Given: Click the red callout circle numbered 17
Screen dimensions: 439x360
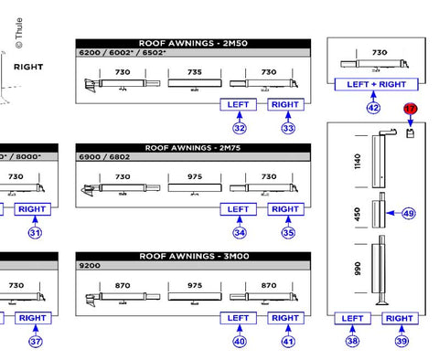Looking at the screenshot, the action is click(x=411, y=109).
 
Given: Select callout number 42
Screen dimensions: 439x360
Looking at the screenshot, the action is click(x=373, y=108).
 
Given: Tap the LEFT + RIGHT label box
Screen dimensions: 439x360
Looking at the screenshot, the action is click(x=376, y=84).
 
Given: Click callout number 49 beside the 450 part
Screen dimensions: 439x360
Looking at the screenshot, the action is click(x=409, y=213).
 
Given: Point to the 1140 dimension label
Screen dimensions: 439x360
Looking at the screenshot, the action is click(x=358, y=161).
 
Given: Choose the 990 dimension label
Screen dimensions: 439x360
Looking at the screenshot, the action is click(x=358, y=269).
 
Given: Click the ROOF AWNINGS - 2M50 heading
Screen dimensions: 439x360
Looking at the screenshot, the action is click(x=193, y=43).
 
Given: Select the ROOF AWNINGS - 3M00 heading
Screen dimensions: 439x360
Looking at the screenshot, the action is click(x=194, y=256).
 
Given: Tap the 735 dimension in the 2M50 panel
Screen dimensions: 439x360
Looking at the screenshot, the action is click(x=195, y=72).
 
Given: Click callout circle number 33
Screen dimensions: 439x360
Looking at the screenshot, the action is click(x=288, y=128).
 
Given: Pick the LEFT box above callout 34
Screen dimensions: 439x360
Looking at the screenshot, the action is click(x=238, y=209).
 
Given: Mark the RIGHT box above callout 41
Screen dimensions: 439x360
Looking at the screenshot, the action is click(x=285, y=318).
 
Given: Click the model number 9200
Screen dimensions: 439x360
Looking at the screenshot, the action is click(x=90, y=266).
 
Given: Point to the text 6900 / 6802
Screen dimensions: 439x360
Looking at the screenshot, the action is click(x=104, y=157).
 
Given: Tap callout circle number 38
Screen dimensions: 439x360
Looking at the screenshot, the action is click(x=352, y=341).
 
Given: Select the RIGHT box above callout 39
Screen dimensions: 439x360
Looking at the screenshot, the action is click(x=400, y=319).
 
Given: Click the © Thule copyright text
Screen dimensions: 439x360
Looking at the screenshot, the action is click(x=19, y=33).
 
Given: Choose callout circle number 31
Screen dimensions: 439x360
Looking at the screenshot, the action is click(x=35, y=233).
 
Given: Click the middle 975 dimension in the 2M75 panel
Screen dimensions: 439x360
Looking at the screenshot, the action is click(x=195, y=176).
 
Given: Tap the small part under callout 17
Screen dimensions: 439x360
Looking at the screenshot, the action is click(x=411, y=133).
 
